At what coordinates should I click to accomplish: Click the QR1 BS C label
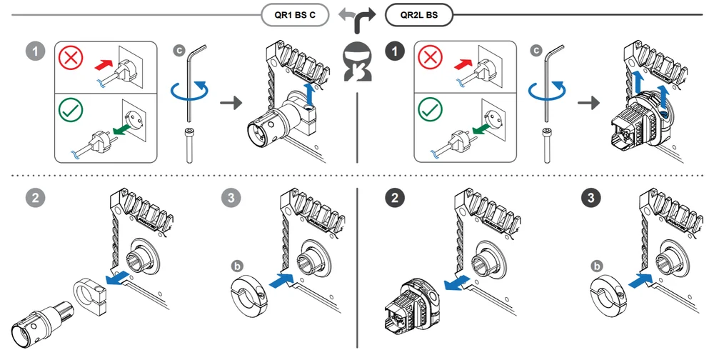pyautogui.click(x=295, y=14)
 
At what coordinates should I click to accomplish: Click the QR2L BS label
pyautogui.click(x=419, y=14)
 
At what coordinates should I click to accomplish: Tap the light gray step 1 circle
pyautogui.click(x=36, y=51)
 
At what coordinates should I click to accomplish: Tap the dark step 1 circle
pyautogui.click(x=394, y=51)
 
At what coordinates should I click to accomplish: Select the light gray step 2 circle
pyautogui.click(x=36, y=198)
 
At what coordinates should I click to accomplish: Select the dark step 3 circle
pyautogui.click(x=591, y=198)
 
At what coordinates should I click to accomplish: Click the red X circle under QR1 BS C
pyautogui.click(x=71, y=58)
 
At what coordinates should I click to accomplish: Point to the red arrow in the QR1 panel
pyautogui.click(x=104, y=65)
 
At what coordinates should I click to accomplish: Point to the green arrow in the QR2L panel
pyautogui.click(x=482, y=130)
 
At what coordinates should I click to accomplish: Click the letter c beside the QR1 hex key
pyautogui.click(x=179, y=50)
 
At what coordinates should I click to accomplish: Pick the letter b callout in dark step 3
pyautogui.click(x=596, y=266)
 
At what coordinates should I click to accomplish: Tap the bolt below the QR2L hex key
pyautogui.click(x=546, y=146)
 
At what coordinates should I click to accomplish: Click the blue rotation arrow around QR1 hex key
pyautogui.click(x=189, y=91)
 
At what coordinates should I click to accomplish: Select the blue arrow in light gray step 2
pyautogui.click(x=116, y=279)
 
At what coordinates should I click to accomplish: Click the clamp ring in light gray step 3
pyautogui.click(x=249, y=296)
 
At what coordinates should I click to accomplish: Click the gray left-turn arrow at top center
pyautogui.click(x=348, y=14)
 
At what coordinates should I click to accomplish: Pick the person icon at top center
pyautogui.click(x=358, y=62)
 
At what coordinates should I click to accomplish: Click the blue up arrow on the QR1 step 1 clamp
pyautogui.click(x=311, y=95)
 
